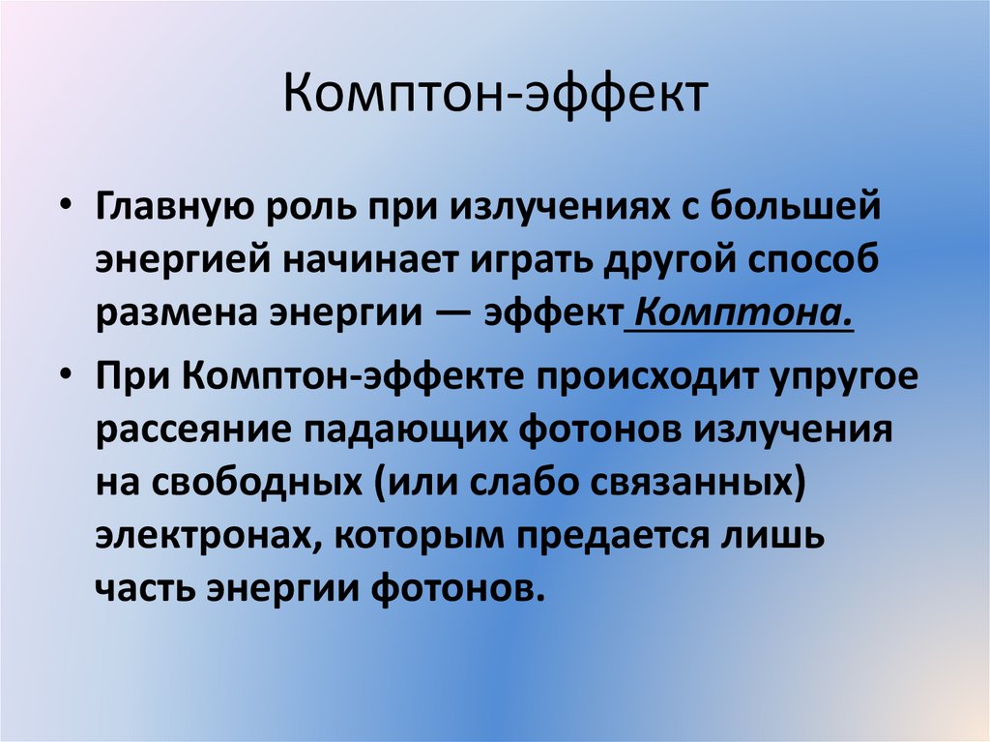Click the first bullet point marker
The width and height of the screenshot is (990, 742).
coord(65,208)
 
